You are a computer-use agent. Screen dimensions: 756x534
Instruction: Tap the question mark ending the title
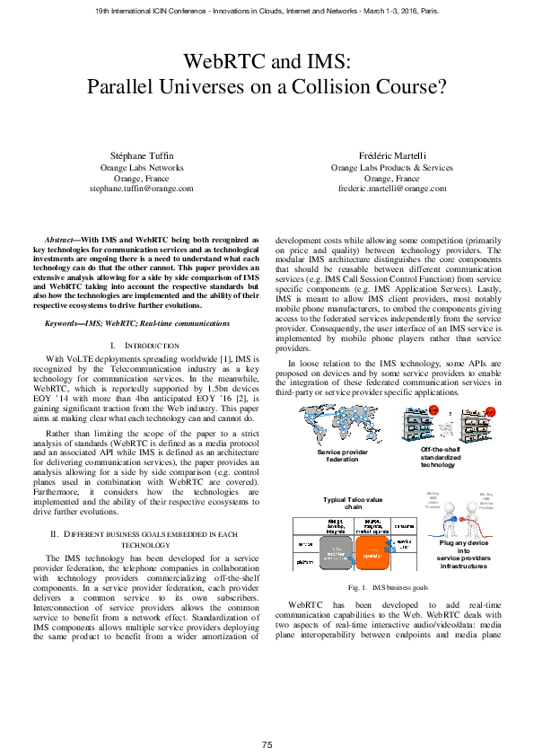(x=442, y=87)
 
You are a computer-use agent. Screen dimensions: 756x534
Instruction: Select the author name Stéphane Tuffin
(x=142, y=156)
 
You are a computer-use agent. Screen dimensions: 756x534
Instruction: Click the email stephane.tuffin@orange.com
(x=142, y=189)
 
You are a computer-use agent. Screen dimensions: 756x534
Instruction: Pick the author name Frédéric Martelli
(x=392, y=156)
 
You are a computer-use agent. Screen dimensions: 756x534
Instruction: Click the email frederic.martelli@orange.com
(x=392, y=189)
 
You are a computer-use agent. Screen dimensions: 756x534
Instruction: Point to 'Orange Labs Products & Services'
(x=392, y=167)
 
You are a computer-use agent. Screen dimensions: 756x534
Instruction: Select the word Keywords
(x=66, y=323)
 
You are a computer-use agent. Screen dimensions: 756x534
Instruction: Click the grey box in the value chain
(x=337, y=547)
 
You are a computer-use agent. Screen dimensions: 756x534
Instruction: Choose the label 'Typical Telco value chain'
(x=340, y=502)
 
